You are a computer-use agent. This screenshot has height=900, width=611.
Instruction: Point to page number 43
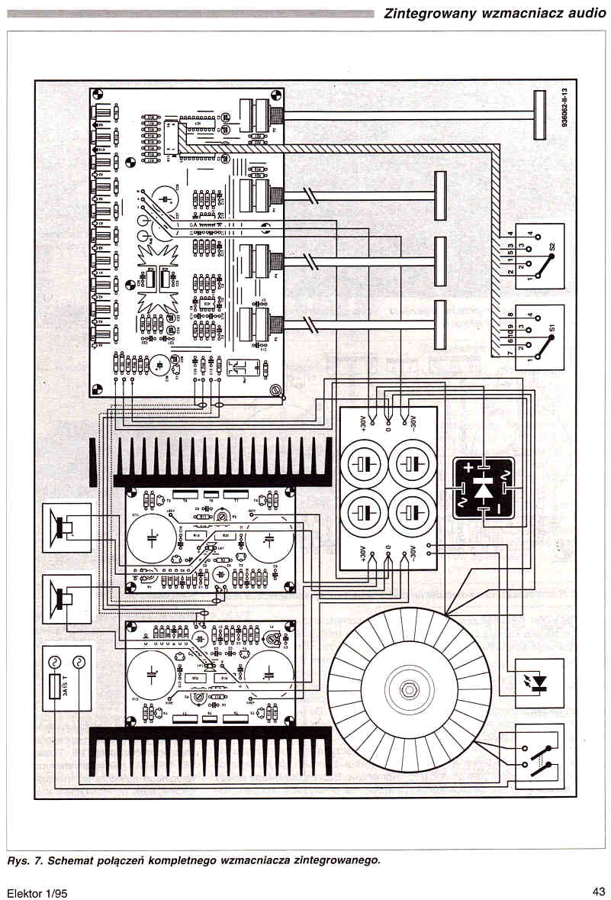tap(597, 890)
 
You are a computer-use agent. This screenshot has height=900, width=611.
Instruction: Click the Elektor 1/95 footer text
tap(37, 891)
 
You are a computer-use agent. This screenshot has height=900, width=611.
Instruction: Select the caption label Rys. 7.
tap(25, 860)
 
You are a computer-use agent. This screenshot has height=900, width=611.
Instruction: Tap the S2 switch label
tap(551, 250)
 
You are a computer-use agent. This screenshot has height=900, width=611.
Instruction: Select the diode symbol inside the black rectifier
tap(484, 489)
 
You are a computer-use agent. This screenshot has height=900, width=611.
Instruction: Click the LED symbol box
tap(539, 682)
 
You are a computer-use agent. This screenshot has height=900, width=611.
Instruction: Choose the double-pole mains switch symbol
tap(539, 756)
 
